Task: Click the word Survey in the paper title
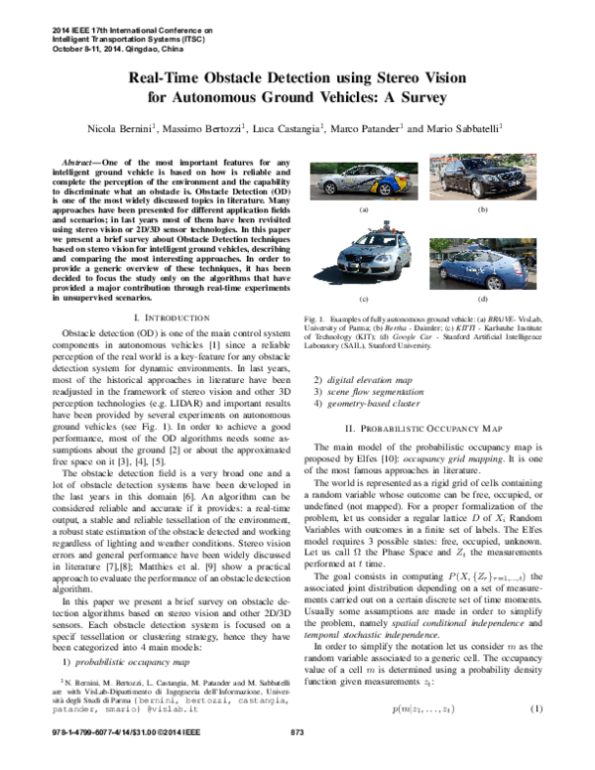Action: (419, 97)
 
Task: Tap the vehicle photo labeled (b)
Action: (482, 180)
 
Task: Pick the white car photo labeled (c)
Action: (363, 262)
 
